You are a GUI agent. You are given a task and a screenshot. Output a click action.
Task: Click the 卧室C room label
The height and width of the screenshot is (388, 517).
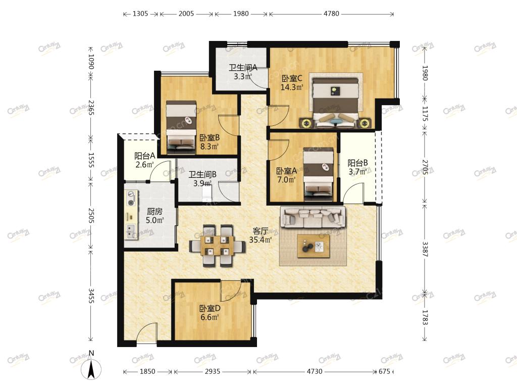292,78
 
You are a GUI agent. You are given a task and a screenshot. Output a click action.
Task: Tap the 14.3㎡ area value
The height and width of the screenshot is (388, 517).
292,87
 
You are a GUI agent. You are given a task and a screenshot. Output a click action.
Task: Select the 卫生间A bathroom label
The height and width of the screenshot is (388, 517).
243,68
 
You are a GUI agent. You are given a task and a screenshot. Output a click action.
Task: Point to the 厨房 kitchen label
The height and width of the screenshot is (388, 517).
154,211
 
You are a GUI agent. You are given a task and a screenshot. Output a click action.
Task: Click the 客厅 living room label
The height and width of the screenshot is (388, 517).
260,231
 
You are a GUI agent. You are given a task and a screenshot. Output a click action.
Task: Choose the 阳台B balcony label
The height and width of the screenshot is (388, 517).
358,163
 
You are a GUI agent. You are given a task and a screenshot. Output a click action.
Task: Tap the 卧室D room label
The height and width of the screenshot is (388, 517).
210,309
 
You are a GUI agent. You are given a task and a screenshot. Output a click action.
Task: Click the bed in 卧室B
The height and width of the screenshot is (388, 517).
181,127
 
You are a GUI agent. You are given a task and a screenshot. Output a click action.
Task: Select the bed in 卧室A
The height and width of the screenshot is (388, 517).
318,174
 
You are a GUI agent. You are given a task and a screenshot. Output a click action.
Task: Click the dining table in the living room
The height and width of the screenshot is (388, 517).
218,246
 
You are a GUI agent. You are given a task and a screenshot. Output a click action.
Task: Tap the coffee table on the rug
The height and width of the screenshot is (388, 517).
313,246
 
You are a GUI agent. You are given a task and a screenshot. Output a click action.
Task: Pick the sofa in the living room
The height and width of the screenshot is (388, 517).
313,217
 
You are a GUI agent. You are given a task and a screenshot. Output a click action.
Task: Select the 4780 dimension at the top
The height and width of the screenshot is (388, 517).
331,14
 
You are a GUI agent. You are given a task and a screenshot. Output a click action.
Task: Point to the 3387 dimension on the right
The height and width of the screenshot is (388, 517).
425,249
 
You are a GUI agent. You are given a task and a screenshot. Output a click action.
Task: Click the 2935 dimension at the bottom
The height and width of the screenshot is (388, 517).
213,371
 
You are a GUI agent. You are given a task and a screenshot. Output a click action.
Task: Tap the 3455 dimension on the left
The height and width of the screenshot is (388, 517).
91,296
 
